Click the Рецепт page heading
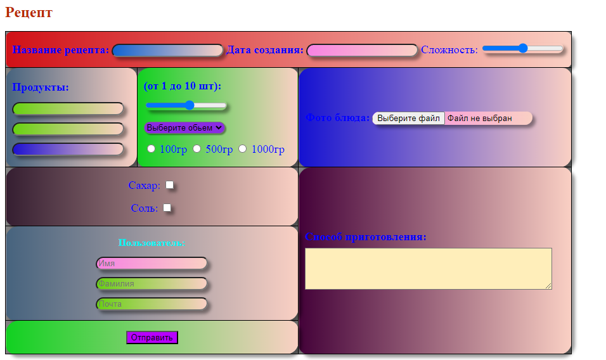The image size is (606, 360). pyautogui.click(x=29, y=13)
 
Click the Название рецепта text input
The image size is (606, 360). pyautogui.click(x=168, y=51)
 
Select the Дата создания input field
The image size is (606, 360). pyautogui.click(x=362, y=51)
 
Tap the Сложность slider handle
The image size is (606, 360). pyautogui.click(x=523, y=48)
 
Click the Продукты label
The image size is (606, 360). pyautogui.click(x=41, y=87)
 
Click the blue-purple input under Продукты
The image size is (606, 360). pyautogui.click(x=68, y=150)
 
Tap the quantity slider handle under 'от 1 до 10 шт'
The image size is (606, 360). pyautogui.click(x=189, y=105)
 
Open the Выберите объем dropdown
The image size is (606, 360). pyautogui.click(x=184, y=127)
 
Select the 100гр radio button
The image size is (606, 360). pyautogui.click(x=151, y=148)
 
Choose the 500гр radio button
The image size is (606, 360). pyautogui.click(x=197, y=148)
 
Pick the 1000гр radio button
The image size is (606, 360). pyautogui.click(x=243, y=148)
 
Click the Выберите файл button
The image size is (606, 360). pyautogui.click(x=408, y=118)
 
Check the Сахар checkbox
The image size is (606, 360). pyautogui.click(x=170, y=185)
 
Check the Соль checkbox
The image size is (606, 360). pyautogui.click(x=167, y=207)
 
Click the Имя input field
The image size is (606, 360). pyautogui.click(x=151, y=264)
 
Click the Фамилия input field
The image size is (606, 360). pyautogui.click(x=151, y=284)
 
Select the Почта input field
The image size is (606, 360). pyautogui.click(x=151, y=304)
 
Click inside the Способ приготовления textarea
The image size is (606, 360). pyautogui.click(x=428, y=269)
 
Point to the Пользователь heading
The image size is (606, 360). pyautogui.click(x=151, y=243)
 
